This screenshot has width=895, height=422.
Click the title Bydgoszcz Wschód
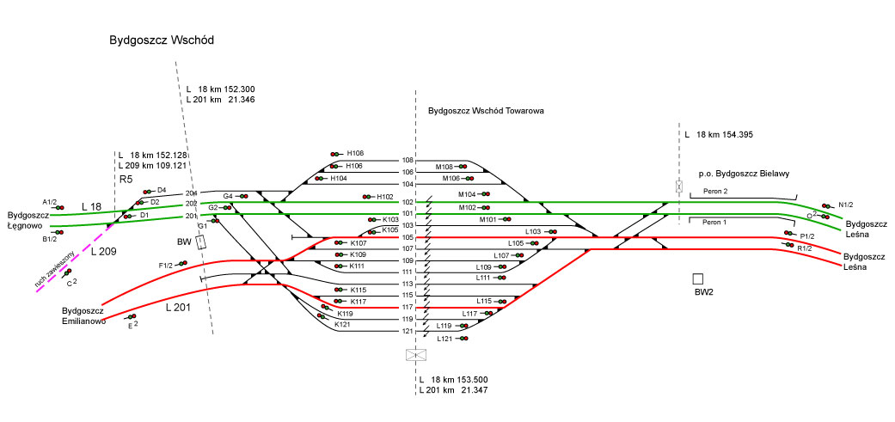[x=161, y=40]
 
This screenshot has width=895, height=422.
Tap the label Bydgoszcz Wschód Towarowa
[x=486, y=111]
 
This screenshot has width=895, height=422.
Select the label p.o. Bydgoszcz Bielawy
[x=744, y=174]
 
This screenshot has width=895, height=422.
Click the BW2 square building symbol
[x=698, y=278]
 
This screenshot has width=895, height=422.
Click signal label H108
[x=354, y=154]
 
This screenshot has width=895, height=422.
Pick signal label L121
[x=444, y=339]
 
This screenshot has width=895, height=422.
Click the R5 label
[x=126, y=180]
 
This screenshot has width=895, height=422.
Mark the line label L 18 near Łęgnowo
[x=91, y=207]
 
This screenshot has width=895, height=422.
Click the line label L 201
[x=177, y=307]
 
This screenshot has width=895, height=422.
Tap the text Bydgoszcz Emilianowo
[x=83, y=315]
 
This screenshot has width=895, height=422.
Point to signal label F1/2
[x=166, y=266]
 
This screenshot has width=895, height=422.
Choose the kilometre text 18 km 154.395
[x=724, y=135]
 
